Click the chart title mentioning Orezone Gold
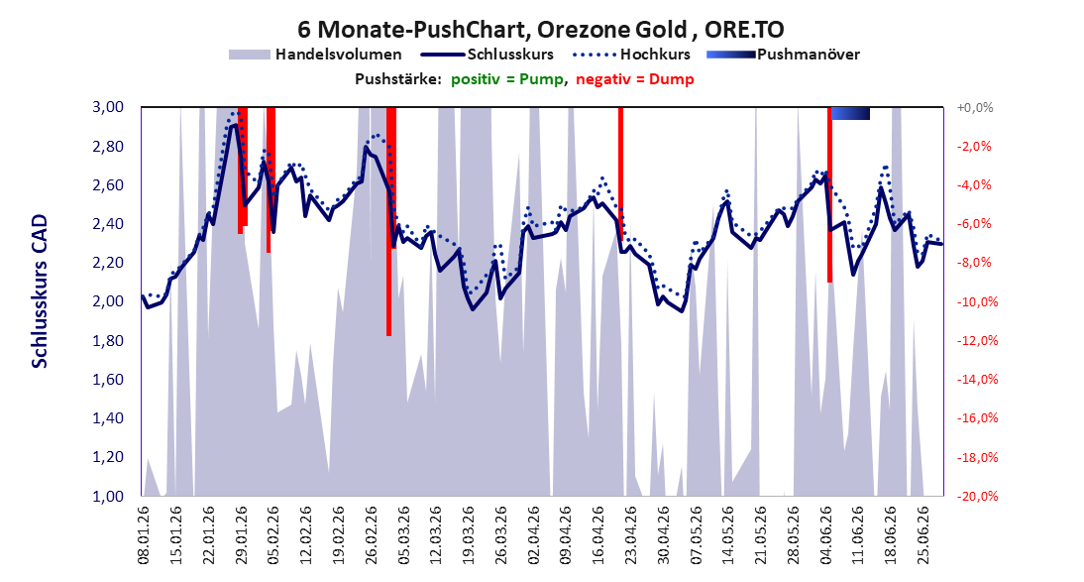coord(541,30)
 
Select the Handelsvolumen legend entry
coord(315,54)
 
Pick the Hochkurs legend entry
coord(631,54)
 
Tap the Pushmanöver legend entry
coord(783,54)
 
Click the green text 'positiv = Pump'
coord(507,79)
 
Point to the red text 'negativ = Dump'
coord(634,79)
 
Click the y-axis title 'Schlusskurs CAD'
coord(40,291)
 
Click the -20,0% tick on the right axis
coord(974,496)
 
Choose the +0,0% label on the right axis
coord(975,107)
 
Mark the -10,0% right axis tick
coord(974,301)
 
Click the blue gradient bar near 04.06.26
coord(850,113)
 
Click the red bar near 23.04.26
coord(621,174)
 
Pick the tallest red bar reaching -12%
coord(389,221)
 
